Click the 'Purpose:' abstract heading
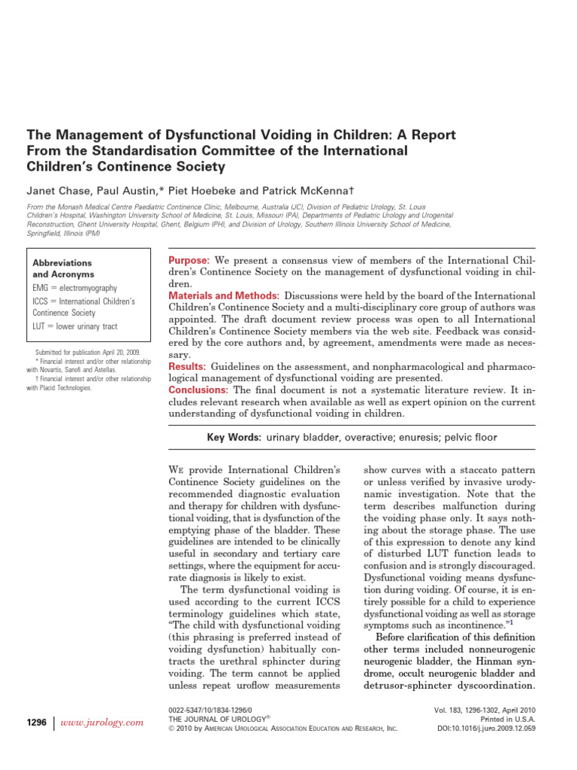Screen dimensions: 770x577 [x=189, y=259]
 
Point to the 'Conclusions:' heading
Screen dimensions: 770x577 [x=198, y=390]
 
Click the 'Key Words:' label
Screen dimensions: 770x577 [x=234, y=438]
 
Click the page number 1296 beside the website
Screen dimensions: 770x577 [x=37, y=722]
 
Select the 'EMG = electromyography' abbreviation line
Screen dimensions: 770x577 [x=74, y=288]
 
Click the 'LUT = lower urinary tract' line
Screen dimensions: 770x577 [x=74, y=326]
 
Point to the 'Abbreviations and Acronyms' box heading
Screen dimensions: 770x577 [x=62, y=268]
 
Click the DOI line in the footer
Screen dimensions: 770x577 [x=486, y=728]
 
